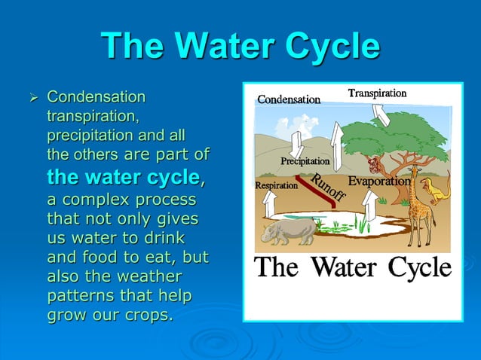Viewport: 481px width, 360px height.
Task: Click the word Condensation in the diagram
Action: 289,99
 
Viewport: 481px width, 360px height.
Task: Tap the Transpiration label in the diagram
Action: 377,93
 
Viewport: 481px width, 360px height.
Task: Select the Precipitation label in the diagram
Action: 305,161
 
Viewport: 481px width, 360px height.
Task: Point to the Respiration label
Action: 276,185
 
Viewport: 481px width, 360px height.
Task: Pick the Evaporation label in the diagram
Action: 379,182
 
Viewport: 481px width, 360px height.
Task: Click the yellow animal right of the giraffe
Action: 433,189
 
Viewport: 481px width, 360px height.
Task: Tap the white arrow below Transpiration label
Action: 381,114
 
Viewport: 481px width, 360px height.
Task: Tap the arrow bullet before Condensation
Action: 32,98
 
